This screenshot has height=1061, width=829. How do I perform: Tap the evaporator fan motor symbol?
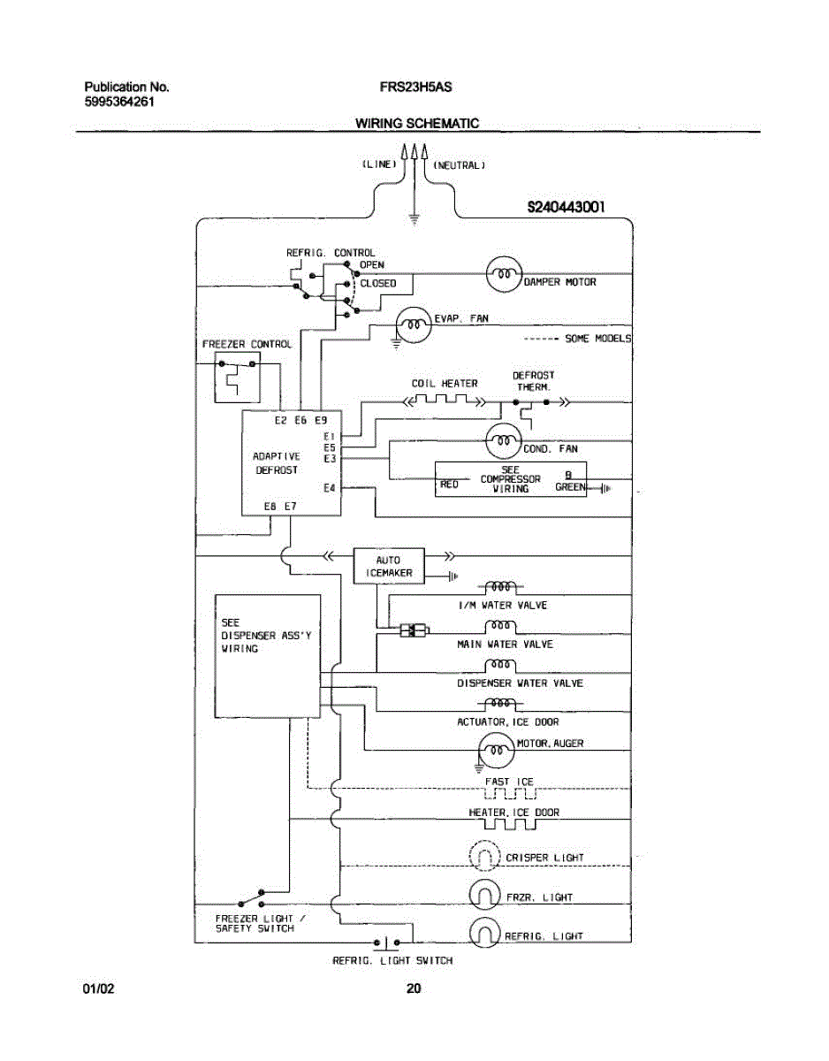[x=411, y=324]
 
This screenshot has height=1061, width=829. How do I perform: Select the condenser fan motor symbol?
[x=503, y=439]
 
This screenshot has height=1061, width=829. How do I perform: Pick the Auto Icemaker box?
[x=388, y=566]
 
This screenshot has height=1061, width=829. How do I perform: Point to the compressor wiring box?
[x=511, y=479]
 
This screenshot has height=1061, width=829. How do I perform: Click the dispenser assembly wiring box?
[x=267, y=655]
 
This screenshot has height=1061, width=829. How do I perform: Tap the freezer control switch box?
[x=238, y=375]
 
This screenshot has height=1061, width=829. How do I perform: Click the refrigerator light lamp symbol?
[x=484, y=933]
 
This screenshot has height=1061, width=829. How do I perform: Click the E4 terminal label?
[x=330, y=488]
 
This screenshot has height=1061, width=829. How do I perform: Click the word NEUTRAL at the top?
[x=459, y=165]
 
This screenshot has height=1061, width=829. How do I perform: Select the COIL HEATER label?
[x=445, y=384]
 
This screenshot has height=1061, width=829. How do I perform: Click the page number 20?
[x=414, y=988]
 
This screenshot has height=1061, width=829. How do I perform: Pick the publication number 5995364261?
[x=120, y=102]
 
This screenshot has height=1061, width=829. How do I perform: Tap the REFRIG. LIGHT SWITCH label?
[x=392, y=961]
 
